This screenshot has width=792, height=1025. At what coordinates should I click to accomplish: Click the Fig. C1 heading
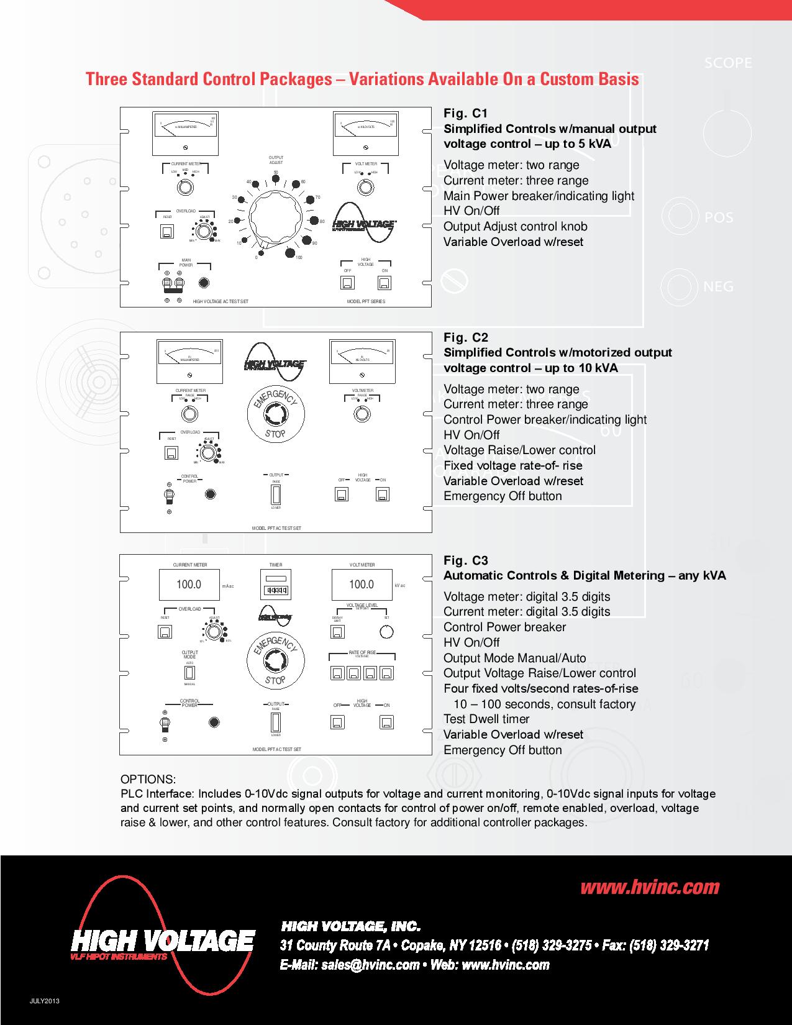point(465,113)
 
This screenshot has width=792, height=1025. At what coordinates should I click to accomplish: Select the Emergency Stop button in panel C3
point(275,660)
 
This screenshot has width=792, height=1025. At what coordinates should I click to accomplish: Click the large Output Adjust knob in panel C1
point(275,212)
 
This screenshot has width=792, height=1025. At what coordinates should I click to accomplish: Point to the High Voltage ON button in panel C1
point(385,283)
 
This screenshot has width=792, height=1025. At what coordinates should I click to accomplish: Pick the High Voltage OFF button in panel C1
point(348,283)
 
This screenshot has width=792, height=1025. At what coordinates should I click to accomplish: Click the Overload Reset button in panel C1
point(167,232)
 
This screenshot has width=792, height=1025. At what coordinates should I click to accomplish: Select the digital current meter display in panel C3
point(189,585)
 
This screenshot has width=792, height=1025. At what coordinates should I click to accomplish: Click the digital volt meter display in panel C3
point(362,585)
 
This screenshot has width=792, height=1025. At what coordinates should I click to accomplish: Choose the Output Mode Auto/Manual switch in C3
point(189,673)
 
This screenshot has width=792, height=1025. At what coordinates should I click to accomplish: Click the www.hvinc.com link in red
point(650,887)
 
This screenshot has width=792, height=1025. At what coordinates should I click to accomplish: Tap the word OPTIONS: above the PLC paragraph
point(148,779)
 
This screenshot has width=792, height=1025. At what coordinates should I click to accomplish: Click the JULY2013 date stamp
point(48,1001)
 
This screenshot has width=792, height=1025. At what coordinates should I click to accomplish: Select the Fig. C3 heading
point(465,560)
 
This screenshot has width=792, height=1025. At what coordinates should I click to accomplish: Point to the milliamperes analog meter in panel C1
point(185,134)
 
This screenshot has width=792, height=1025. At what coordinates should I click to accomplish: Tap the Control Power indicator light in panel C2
point(211,494)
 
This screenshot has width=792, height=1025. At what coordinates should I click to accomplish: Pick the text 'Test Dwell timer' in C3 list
point(486,719)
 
